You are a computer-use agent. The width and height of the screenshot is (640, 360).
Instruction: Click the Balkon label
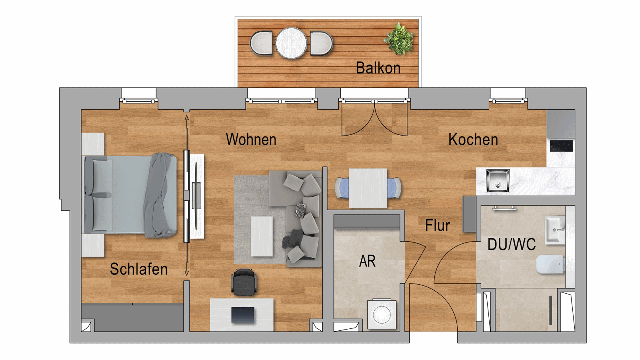tap(378, 68)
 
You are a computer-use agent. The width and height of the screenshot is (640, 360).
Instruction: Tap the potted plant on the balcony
tap(399, 39)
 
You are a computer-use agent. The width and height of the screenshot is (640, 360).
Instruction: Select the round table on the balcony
tap(291, 43)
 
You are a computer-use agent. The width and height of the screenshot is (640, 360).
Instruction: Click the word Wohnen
tap(251, 139)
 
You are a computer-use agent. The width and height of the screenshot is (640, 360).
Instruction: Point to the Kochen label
tap(473, 139)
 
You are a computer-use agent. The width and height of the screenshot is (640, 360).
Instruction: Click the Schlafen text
tap(139, 269)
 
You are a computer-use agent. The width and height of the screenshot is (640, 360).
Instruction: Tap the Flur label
tap(437, 225)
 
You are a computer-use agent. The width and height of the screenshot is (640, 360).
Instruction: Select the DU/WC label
tap(512, 244)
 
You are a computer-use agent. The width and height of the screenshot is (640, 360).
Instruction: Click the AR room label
tap(367, 261)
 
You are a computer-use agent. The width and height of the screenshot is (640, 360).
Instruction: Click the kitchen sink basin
tap(498, 181)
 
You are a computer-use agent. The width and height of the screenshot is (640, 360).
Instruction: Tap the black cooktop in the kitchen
tap(561, 146)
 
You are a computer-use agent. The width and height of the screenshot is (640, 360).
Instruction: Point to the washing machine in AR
tap(382, 314)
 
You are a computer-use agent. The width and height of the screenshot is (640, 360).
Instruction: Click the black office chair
tap(244, 282)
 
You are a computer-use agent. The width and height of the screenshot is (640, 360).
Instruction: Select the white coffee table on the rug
tap(262, 236)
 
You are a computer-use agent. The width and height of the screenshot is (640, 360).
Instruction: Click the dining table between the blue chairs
tap(368, 188)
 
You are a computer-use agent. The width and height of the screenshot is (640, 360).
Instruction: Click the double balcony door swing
tap(375, 119)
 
